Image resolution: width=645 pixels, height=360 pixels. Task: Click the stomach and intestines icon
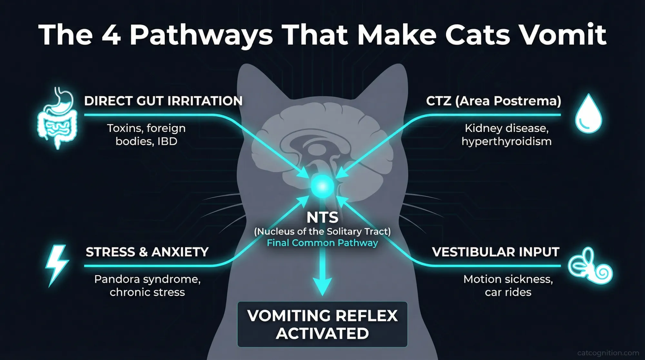[57, 118]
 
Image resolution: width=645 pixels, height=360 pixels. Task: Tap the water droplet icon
[589, 114]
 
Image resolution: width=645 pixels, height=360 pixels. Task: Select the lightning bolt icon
[57, 265]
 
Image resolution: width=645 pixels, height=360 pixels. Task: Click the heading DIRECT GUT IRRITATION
[163, 101]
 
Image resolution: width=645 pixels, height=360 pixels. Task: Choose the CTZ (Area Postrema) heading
[493, 101]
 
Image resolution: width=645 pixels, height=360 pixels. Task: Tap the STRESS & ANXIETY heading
[147, 252]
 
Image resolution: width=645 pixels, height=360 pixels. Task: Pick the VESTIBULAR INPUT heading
[495, 252]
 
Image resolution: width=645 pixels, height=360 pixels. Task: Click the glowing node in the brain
[322, 186]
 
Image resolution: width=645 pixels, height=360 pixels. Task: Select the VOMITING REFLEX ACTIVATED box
[322, 324]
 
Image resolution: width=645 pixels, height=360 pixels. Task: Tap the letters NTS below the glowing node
[322, 217]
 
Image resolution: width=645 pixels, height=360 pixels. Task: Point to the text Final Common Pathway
[322, 243]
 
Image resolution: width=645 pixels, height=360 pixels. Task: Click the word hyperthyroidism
[506, 142]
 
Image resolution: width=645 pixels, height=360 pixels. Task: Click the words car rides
[508, 292]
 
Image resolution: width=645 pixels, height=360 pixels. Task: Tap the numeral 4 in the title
[111, 35]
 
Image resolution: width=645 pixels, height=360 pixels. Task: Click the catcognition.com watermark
[608, 353]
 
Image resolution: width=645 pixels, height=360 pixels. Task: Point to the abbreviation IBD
[167, 142]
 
